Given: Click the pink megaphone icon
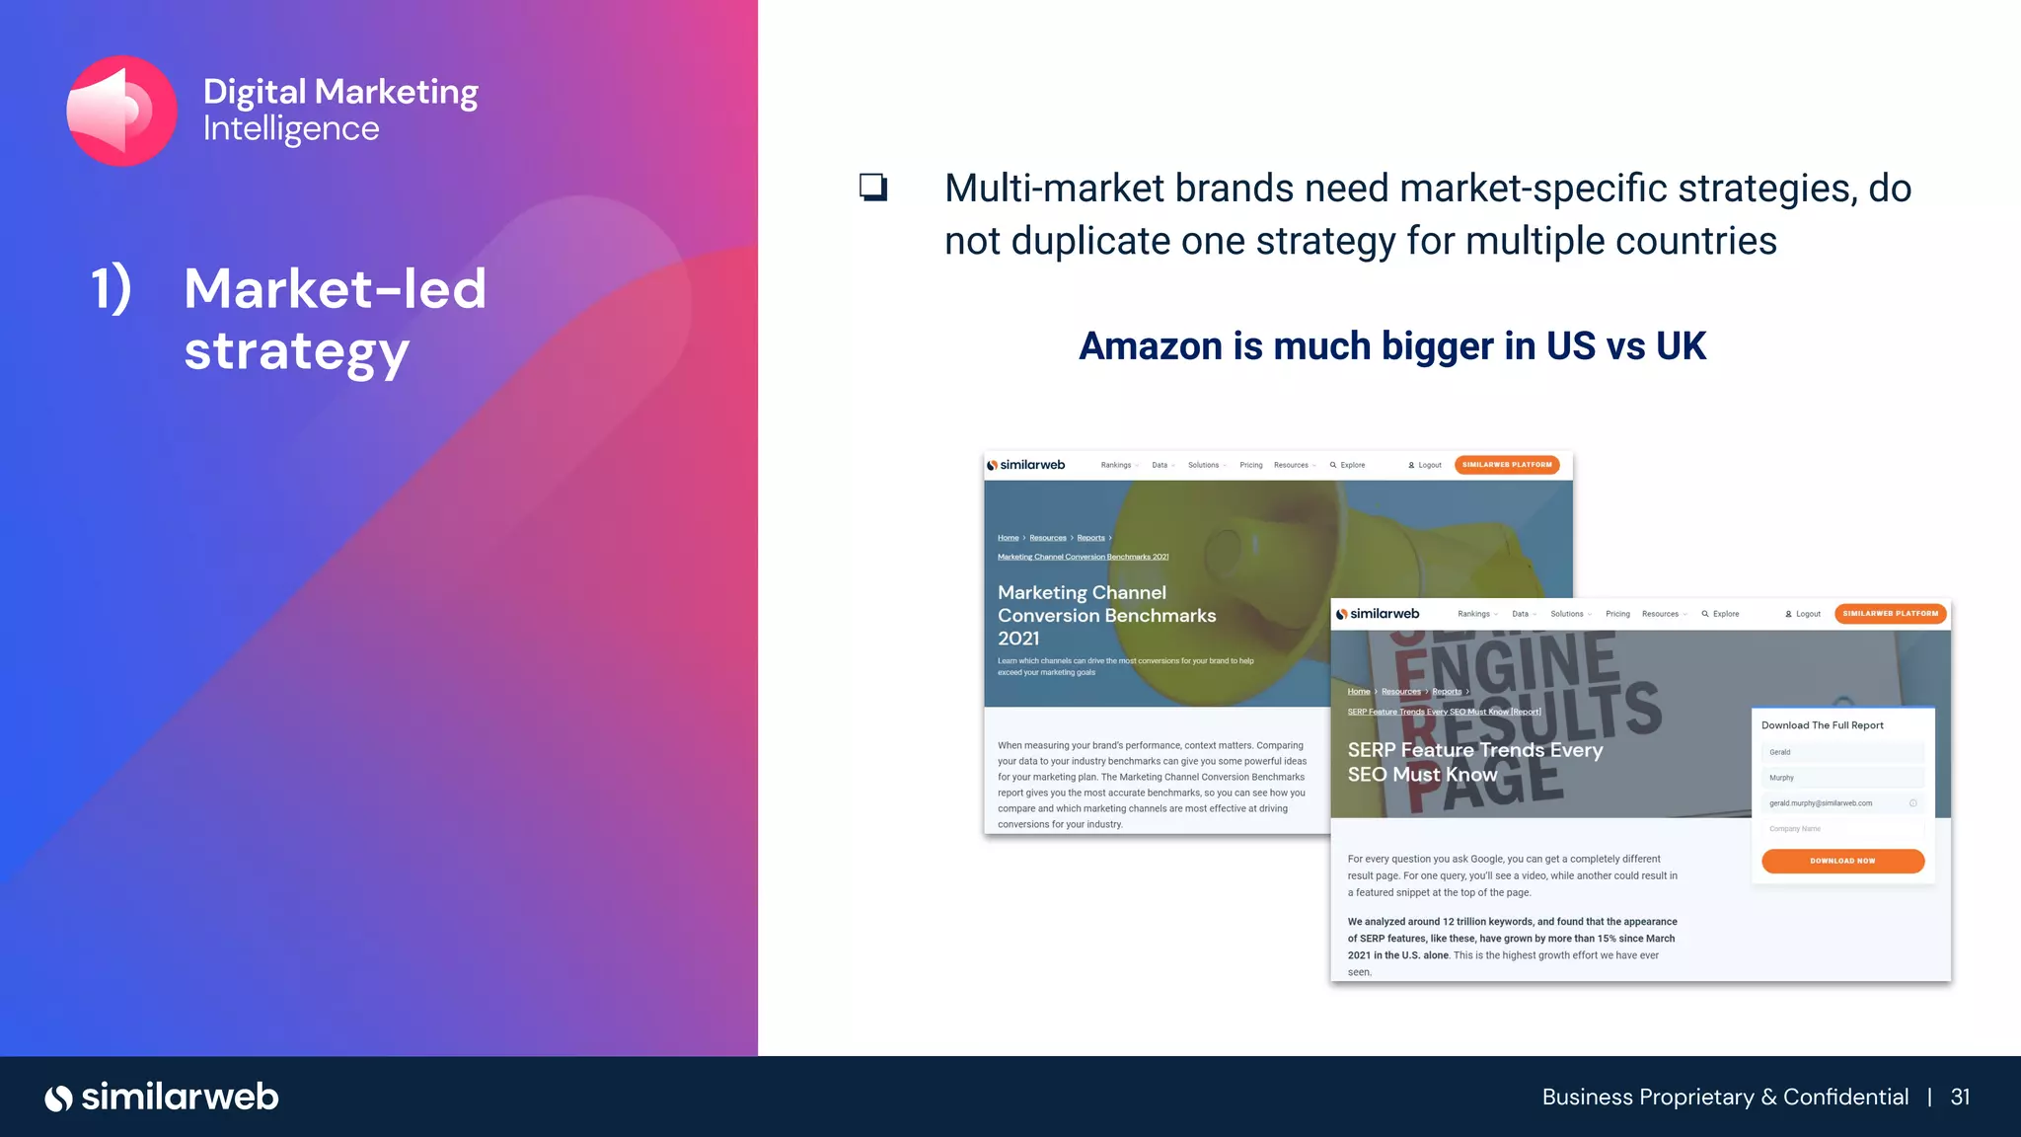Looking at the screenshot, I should [121, 111].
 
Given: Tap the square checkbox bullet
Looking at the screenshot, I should [873, 187].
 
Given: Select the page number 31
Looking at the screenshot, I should [1960, 1098].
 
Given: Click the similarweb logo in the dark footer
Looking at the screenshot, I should [162, 1098].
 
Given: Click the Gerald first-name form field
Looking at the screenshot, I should [1841, 752].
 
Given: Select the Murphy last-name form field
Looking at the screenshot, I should [1841, 778].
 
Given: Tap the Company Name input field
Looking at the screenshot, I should [1841, 829].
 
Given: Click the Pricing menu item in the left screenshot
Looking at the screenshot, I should [1250, 465].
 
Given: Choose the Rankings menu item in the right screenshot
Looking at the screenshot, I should [1474, 614].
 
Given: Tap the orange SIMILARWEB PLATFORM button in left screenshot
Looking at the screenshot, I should [1507, 465].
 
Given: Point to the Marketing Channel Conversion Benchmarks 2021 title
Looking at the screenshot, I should [1106, 615].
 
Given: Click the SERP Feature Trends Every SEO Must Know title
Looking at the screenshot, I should [1474, 762].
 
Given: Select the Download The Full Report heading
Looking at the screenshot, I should [1822, 725].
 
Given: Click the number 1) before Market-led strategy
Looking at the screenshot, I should [111, 289].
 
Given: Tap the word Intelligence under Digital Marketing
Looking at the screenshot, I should [291, 129].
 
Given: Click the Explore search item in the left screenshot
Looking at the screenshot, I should [1348, 465].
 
